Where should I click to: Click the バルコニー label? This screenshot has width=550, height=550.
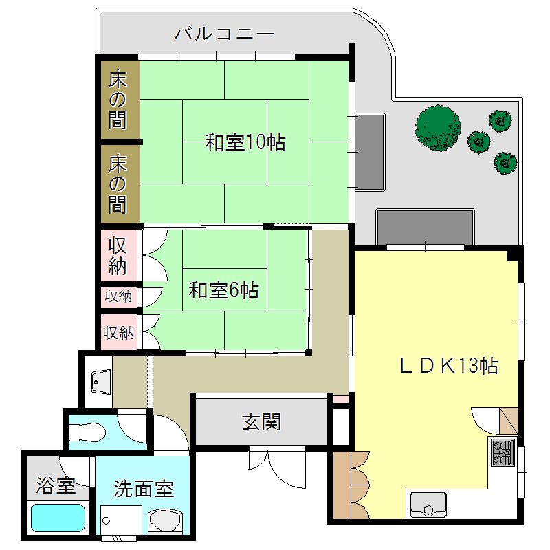click(224, 33)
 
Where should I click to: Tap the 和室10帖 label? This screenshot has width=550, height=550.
click(245, 143)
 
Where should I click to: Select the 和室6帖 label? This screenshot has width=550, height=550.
click(223, 290)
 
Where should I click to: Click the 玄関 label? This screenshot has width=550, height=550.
click(261, 421)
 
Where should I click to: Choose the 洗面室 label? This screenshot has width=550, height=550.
click(144, 489)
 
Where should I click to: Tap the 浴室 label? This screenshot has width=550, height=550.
click(56, 487)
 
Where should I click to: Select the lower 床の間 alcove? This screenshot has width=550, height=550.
click(118, 184)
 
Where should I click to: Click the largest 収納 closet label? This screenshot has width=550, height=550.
click(118, 255)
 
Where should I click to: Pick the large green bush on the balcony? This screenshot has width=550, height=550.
click(438, 127)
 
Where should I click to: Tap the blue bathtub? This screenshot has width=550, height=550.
click(58, 520)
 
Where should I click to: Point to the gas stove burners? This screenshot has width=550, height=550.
click(503, 452)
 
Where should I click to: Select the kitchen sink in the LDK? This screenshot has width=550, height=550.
click(428, 505)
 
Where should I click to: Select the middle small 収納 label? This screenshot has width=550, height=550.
click(118, 297)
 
